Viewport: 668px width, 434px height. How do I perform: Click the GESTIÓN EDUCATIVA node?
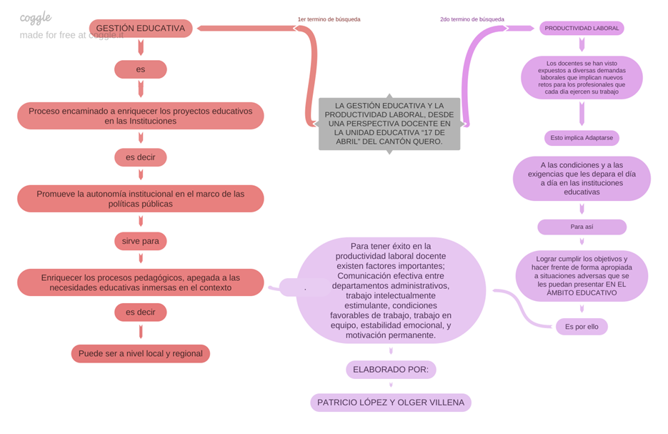(140, 29)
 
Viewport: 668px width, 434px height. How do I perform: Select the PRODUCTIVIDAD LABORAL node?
(582, 29)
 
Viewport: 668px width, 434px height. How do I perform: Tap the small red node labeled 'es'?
(140, 69)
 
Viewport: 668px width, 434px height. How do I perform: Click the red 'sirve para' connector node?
(140, 241)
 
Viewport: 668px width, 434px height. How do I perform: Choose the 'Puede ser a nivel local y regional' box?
(140, 353)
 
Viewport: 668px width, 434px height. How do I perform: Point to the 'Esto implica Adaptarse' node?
(582, 138)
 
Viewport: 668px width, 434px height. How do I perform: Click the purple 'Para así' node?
(582, 227)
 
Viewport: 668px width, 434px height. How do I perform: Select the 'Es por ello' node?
(582, 327)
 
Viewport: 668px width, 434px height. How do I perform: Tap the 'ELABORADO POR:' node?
(391, 370)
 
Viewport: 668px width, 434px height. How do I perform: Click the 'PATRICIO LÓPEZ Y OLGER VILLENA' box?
(391, 403)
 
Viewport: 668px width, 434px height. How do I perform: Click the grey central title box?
(389, 124)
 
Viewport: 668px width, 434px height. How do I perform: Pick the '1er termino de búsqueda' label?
(329, 19)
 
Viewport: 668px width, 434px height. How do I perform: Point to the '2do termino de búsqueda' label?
(472, 19)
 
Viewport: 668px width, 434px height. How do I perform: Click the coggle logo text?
(35, 18)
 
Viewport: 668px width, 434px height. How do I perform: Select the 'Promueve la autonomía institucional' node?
(140, 199)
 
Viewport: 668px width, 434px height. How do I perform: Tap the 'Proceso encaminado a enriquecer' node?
(140, 116)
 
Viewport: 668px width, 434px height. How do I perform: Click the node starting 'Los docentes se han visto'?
(582, 77)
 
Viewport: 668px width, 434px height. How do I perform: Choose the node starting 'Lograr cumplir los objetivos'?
(582, 275)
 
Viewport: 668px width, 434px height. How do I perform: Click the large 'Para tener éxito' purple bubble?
(391, 290)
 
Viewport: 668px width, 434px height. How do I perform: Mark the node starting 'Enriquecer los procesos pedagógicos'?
(140, 282)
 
